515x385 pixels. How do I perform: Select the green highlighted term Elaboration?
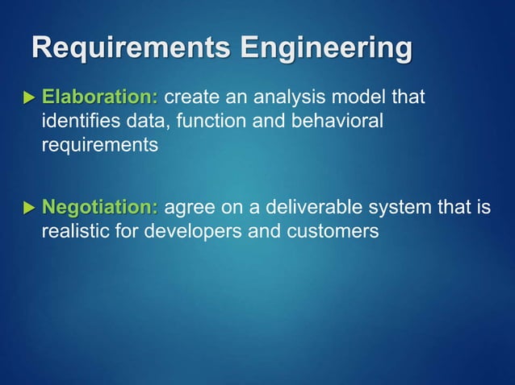[x=100, y=98]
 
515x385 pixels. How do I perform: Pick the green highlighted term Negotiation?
[x=100, y=208]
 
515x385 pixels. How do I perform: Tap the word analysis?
[x=284, y=98]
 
